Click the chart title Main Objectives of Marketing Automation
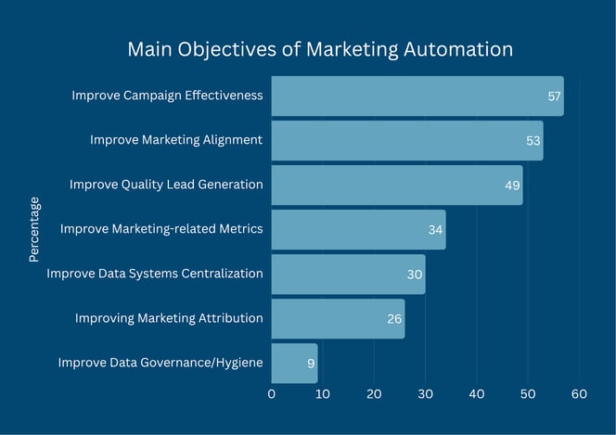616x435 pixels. (319, 48)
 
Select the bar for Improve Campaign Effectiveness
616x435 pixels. (417, 96)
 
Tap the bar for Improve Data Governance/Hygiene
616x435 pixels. (294, 364)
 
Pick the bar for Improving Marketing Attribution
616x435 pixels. (338, 319)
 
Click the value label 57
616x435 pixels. (555, 96)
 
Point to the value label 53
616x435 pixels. (533, 141)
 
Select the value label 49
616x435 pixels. (512, 186)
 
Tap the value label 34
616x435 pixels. (435, 230)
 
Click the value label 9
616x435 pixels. (311, 364)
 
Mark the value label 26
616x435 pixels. (394, 319)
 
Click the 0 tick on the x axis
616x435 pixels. (272, 394)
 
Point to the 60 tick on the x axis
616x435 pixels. (579, 394)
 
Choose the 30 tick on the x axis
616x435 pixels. (426, 394)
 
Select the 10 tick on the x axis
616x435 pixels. (323, 394)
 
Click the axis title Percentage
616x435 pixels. (34, 229)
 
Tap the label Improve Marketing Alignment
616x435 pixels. (176, 140)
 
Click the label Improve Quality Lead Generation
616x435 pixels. (166, 185)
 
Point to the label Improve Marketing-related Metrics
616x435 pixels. (161, 229)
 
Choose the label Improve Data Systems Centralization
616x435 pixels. (155, 274)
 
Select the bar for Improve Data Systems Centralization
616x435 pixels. (348, 275)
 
